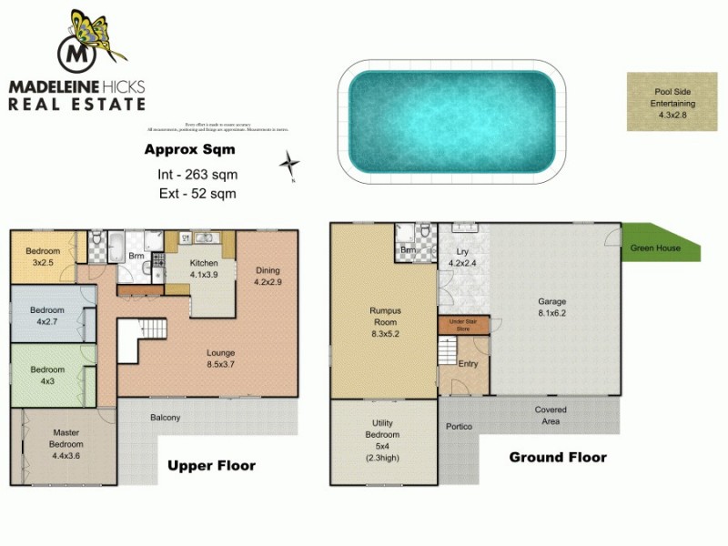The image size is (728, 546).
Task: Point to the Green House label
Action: click(655, 248)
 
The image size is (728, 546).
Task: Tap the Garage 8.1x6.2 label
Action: click(552, 307)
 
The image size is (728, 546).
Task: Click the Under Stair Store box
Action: click(464, 325)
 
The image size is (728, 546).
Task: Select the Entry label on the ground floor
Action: click(467, 364)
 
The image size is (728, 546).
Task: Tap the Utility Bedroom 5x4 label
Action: click(381, 440)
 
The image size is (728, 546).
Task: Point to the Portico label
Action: click(459, 426)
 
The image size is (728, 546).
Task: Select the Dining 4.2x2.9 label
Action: click(268, 276)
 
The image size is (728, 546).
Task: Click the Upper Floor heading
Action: click(211, 466)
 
